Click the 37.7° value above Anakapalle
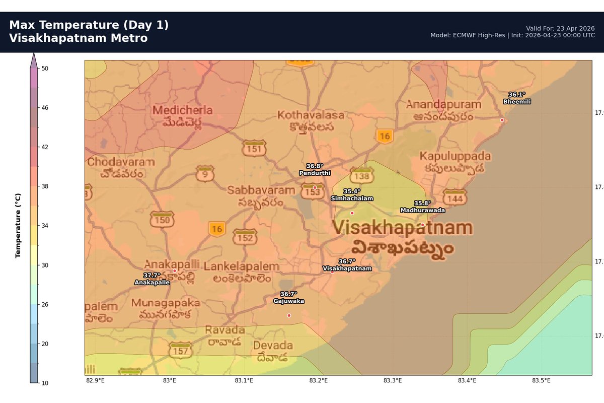pos(152,276)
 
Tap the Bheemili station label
pos(517,101)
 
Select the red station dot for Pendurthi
pos(315,187)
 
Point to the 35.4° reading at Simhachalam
pos(352,191)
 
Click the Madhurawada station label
pos(422,210)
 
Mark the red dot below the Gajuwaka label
pos(289,315)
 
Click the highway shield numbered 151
pos(253,148)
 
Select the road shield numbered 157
pos(180,351)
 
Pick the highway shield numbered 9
pos(205,174)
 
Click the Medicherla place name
pos(183,110)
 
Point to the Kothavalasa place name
pos(311,115)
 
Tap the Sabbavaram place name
pos(261,190)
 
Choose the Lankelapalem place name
pos(242,266)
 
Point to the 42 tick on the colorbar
pos(45,147)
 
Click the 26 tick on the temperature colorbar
pos(45,304)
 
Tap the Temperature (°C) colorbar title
pos(18,225)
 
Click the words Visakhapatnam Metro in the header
pos(79,38)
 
